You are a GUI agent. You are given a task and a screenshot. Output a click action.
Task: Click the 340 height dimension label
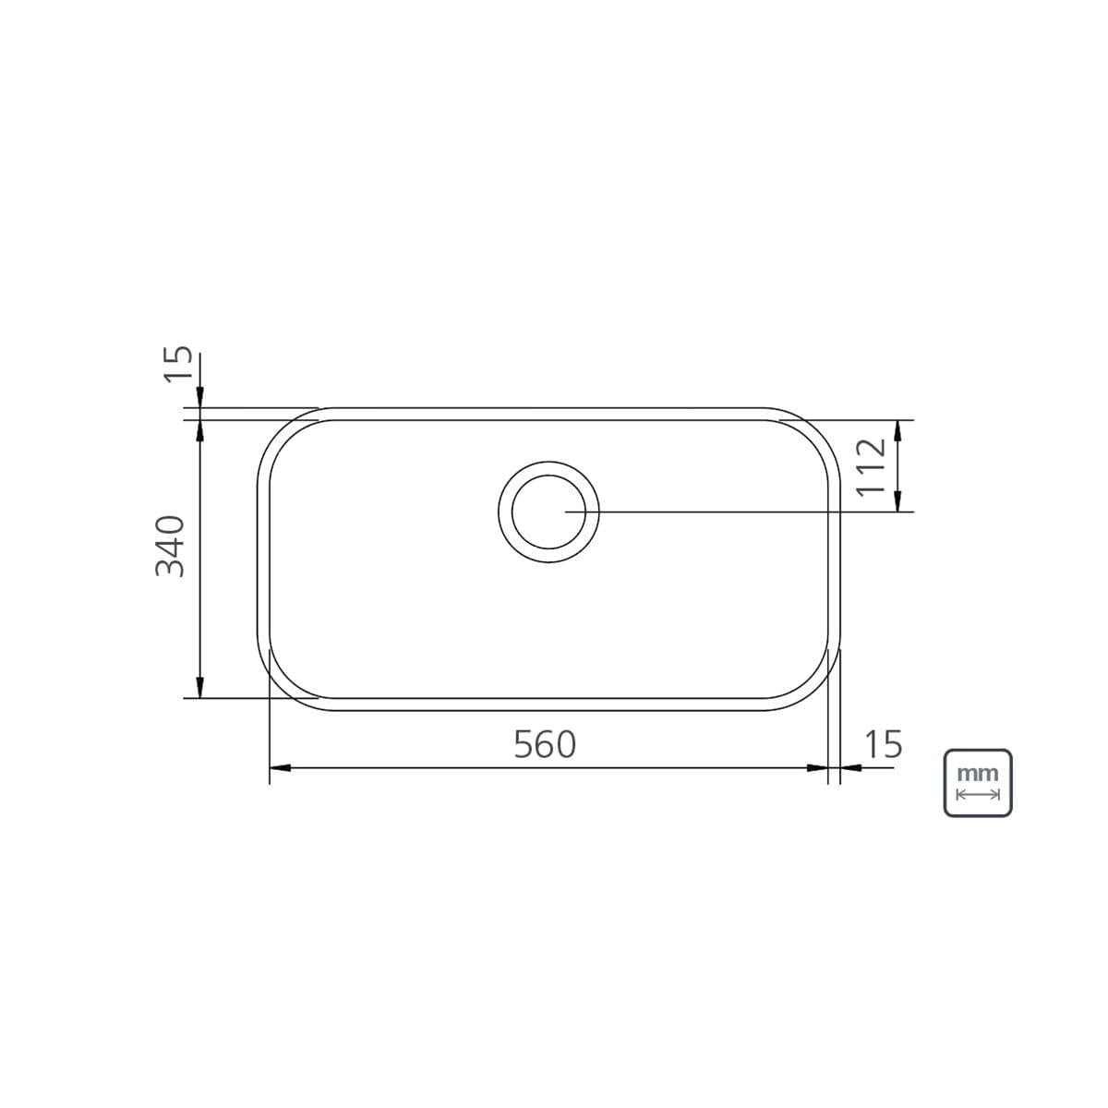click(170, 547)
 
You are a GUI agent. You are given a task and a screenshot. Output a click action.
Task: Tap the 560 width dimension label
click(545, 744)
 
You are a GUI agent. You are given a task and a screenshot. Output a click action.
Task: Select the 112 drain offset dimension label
click(871, 466)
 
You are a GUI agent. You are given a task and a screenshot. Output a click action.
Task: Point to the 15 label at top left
click(177, 364)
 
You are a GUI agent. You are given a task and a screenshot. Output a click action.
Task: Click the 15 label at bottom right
click(884, 744)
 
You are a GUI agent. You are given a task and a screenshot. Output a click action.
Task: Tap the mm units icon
click(978, 783)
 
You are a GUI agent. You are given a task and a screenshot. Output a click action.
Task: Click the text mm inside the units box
click(978, 774)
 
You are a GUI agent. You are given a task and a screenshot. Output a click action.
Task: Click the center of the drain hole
click(548, 512)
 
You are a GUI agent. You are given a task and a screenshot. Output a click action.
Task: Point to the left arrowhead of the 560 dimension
click(280, 767)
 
